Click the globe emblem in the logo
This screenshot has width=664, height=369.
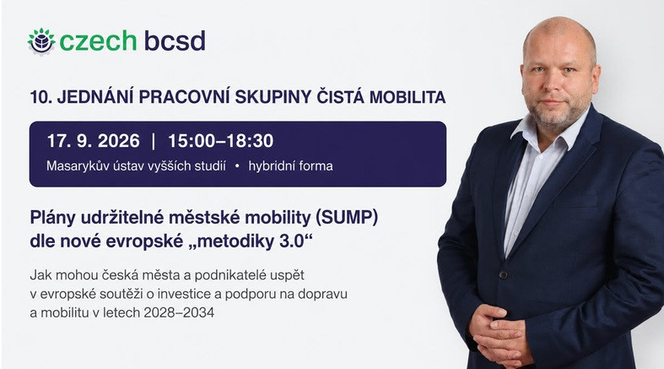(x=41, y=41)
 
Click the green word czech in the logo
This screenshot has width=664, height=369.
(x=98, y=41)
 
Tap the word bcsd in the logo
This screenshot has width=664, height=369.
(x=175, y=41)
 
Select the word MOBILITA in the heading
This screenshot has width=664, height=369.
(x=408, y=97)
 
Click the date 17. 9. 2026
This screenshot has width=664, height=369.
(x=93, y=141)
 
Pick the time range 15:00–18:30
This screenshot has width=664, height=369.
(x=220, y=141)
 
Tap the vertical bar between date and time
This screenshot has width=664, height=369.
(x=154, y=141)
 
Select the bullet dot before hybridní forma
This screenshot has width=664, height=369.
(x=237, y=166)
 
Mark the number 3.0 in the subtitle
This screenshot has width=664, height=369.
(x=292, y=241)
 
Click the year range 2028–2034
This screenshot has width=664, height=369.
(x=179, y=312)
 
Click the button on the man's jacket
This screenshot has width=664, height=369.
(x=503, y=275)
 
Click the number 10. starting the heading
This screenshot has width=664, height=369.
(x=40, y=97)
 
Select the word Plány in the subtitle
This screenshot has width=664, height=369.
(x=53, y=218)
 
